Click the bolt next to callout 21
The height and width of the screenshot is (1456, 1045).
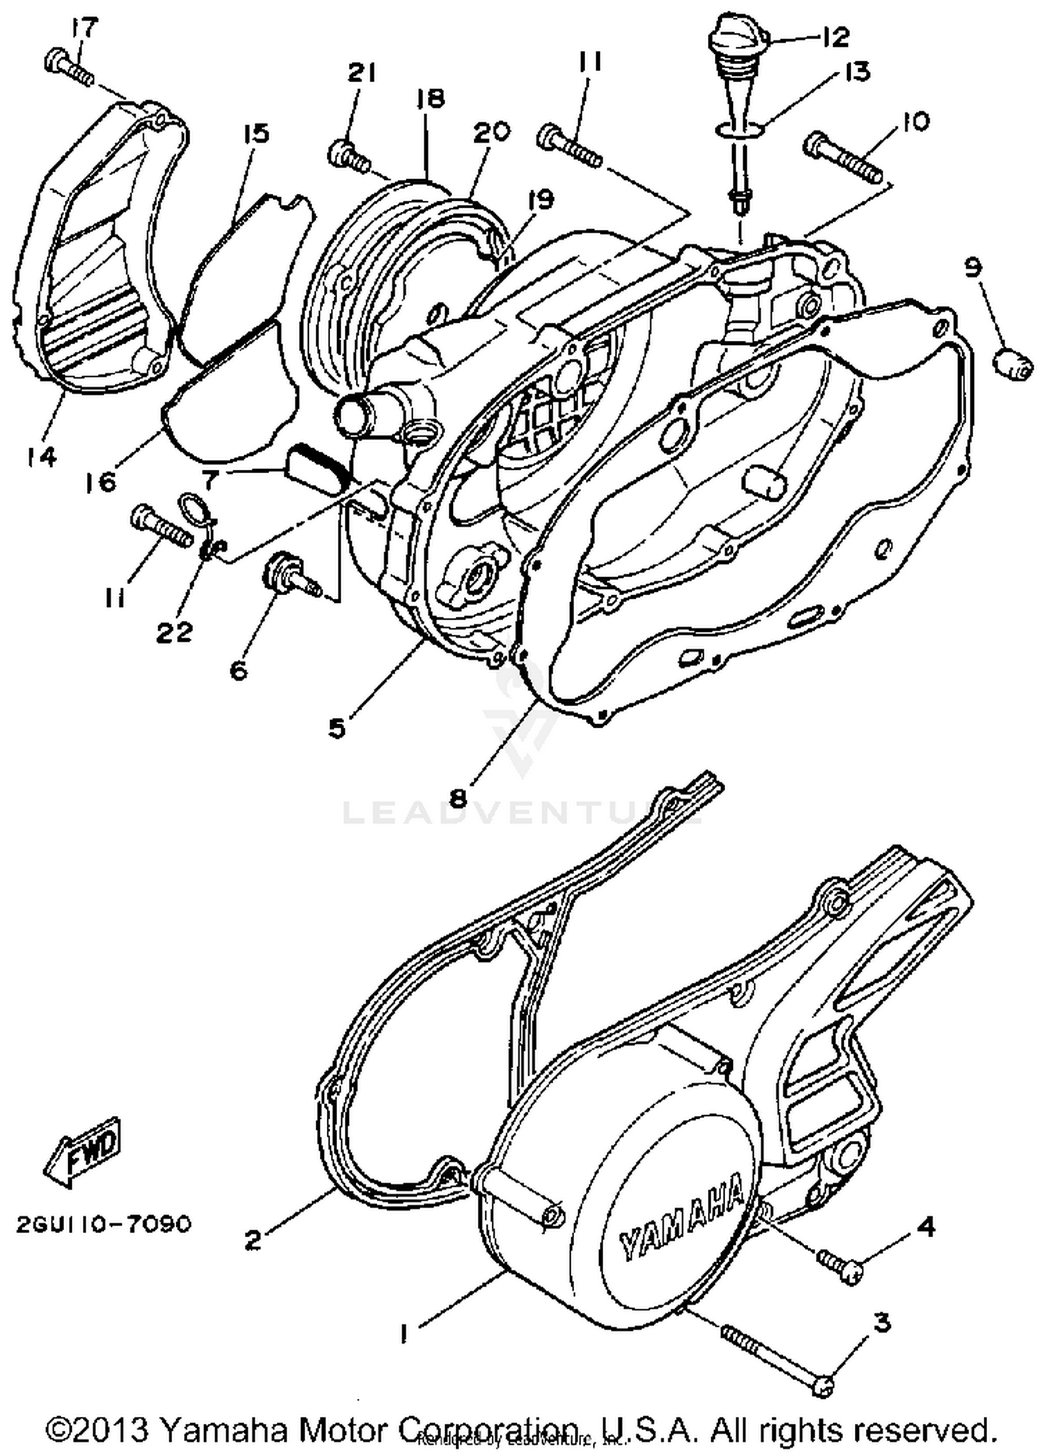tap(348, 155)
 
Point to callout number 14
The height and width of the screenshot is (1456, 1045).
tap(42, 457)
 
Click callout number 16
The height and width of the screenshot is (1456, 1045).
tap(102, 481)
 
